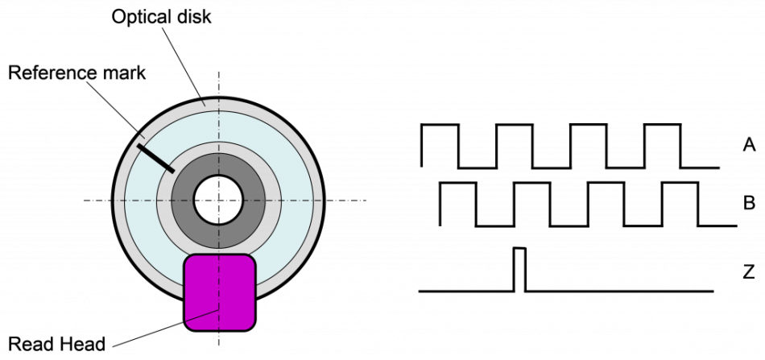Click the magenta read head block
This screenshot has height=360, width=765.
[219, 292]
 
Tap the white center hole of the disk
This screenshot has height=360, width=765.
[218, 200]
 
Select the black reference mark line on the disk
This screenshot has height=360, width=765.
[155, 158]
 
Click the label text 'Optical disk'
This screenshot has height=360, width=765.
[162, 17]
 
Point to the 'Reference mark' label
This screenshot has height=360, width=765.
[77, 72]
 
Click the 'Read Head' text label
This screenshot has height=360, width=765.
[56, 345]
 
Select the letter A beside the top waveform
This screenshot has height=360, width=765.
[749, 144]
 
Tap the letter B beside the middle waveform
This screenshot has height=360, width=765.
[749, 203]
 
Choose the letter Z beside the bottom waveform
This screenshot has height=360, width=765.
[748, 272]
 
